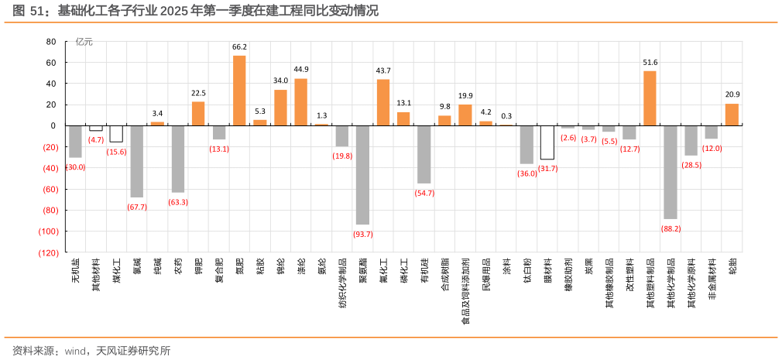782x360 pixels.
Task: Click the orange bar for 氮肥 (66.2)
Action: click(x=239, y=91)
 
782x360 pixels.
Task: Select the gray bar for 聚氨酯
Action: click(x=362, y=174)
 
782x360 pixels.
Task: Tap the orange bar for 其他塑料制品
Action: click(x=650, y=98)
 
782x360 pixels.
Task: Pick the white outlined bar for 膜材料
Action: click(x=547, y=142)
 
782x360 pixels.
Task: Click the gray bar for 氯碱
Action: click(x=137, y=161)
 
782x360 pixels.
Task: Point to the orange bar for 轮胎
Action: click(x=732, y=115)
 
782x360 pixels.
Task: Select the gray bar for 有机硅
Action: click(x=424, y=154)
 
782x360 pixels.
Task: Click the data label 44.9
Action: click(x=301, y=69)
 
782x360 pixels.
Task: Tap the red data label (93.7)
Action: click(x=362, y=234)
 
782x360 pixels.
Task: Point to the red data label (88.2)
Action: click(x=671, y=228)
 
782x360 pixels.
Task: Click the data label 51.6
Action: click(x=650, y=62)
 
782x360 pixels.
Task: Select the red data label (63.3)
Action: click(x=178, y=202)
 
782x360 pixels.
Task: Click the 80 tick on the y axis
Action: click(x=51, y=41)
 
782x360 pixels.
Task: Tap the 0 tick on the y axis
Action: click(x=53, y=125)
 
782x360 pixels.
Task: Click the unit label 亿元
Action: click(x=84, y=42)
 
